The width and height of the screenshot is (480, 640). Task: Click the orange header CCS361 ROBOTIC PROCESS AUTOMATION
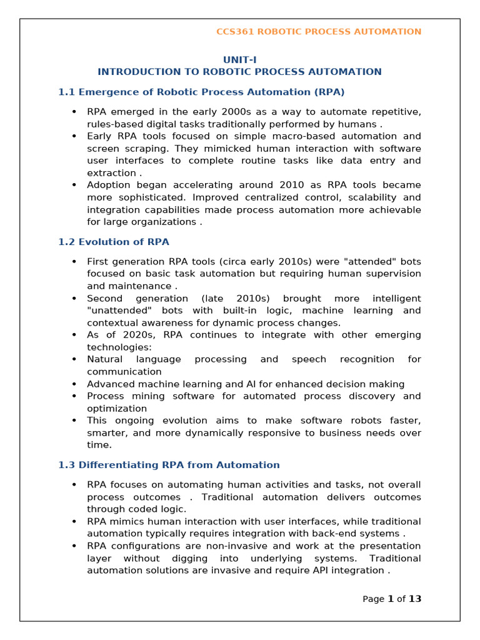pyautogui.click(x=319, y=32)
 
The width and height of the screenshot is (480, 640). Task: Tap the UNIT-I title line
pyautogui.click(x=240, y=60)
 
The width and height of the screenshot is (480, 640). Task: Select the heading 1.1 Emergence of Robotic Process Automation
pyautogui.click(x=201, y=92)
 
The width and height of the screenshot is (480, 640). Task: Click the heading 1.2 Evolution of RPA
pyautogui.click(x=114, y=242)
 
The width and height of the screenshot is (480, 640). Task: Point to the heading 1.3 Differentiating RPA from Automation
pyautogui.click(x=169, y=465)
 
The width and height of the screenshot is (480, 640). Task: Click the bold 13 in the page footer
pyautogui.click(x=415, y=599)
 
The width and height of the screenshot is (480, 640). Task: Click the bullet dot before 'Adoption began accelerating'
pyautogui.click(x=74, y=185)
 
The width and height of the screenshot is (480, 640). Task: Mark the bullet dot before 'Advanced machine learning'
pyautogui.click(x=74, y=384)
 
